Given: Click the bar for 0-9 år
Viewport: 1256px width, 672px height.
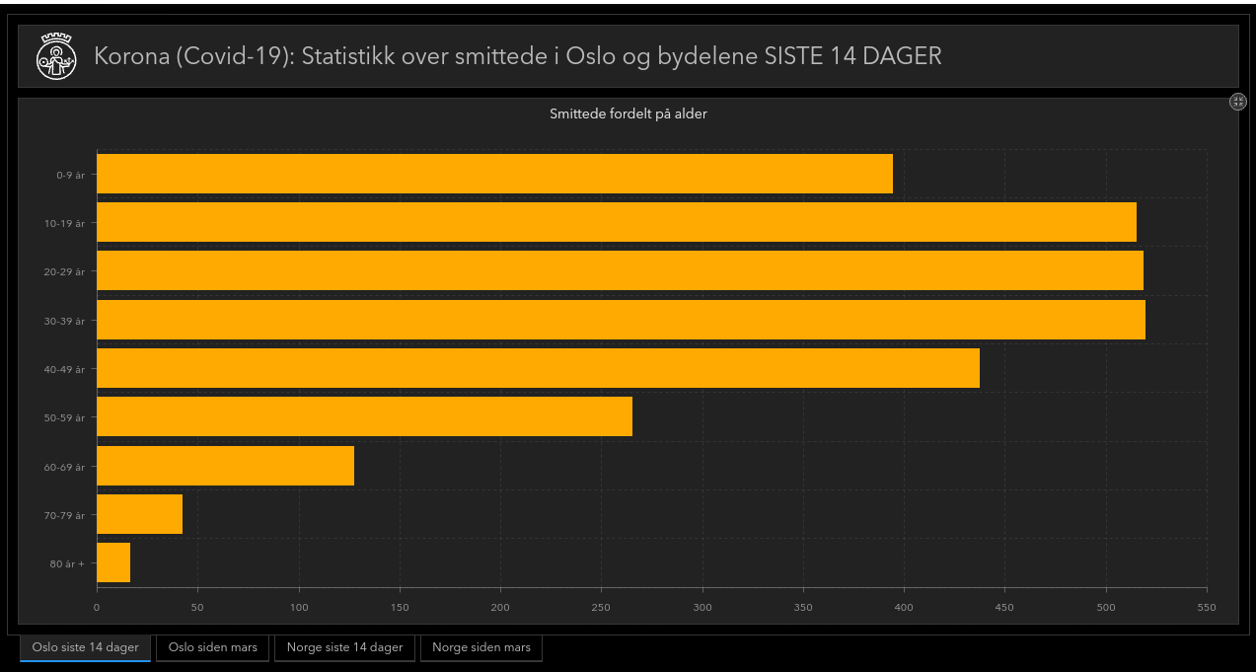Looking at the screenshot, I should tap(494, 174).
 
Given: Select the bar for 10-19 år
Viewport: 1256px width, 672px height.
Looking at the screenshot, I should tap(617, 222).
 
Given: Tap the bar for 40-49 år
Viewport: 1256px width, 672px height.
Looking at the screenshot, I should tap(538, 368).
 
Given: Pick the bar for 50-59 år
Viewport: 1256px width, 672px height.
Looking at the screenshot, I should tap(364, 416).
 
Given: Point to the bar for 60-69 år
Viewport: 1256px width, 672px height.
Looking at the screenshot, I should tap(225, 466).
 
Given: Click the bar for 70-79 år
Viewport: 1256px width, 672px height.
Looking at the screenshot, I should tap(139, 514).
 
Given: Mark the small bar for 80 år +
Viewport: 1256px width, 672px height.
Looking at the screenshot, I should tap(113, 562).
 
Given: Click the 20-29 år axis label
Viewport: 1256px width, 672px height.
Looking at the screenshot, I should tap(64, 271).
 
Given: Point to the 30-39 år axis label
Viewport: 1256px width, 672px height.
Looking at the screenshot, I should tap(64, 321).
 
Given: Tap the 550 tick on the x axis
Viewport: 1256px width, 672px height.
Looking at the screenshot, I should tap(1206, 607).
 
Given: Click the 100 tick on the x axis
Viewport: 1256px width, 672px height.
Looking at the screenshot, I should tap(298, 607).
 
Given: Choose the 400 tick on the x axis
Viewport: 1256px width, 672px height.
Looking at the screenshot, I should tap(904, 607).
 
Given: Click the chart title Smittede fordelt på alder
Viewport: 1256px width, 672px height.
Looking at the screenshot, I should tap(628, 113).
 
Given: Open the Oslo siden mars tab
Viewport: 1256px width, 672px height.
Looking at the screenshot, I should tap(213, 647).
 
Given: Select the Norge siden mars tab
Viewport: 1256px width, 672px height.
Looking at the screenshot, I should tap(481, 647).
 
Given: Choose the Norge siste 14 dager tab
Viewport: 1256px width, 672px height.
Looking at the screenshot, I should tap(344, 647).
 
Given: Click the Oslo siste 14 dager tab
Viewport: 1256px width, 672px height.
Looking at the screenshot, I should tap(85, 647).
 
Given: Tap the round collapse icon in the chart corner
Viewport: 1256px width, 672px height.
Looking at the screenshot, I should tap(1238, 102).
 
